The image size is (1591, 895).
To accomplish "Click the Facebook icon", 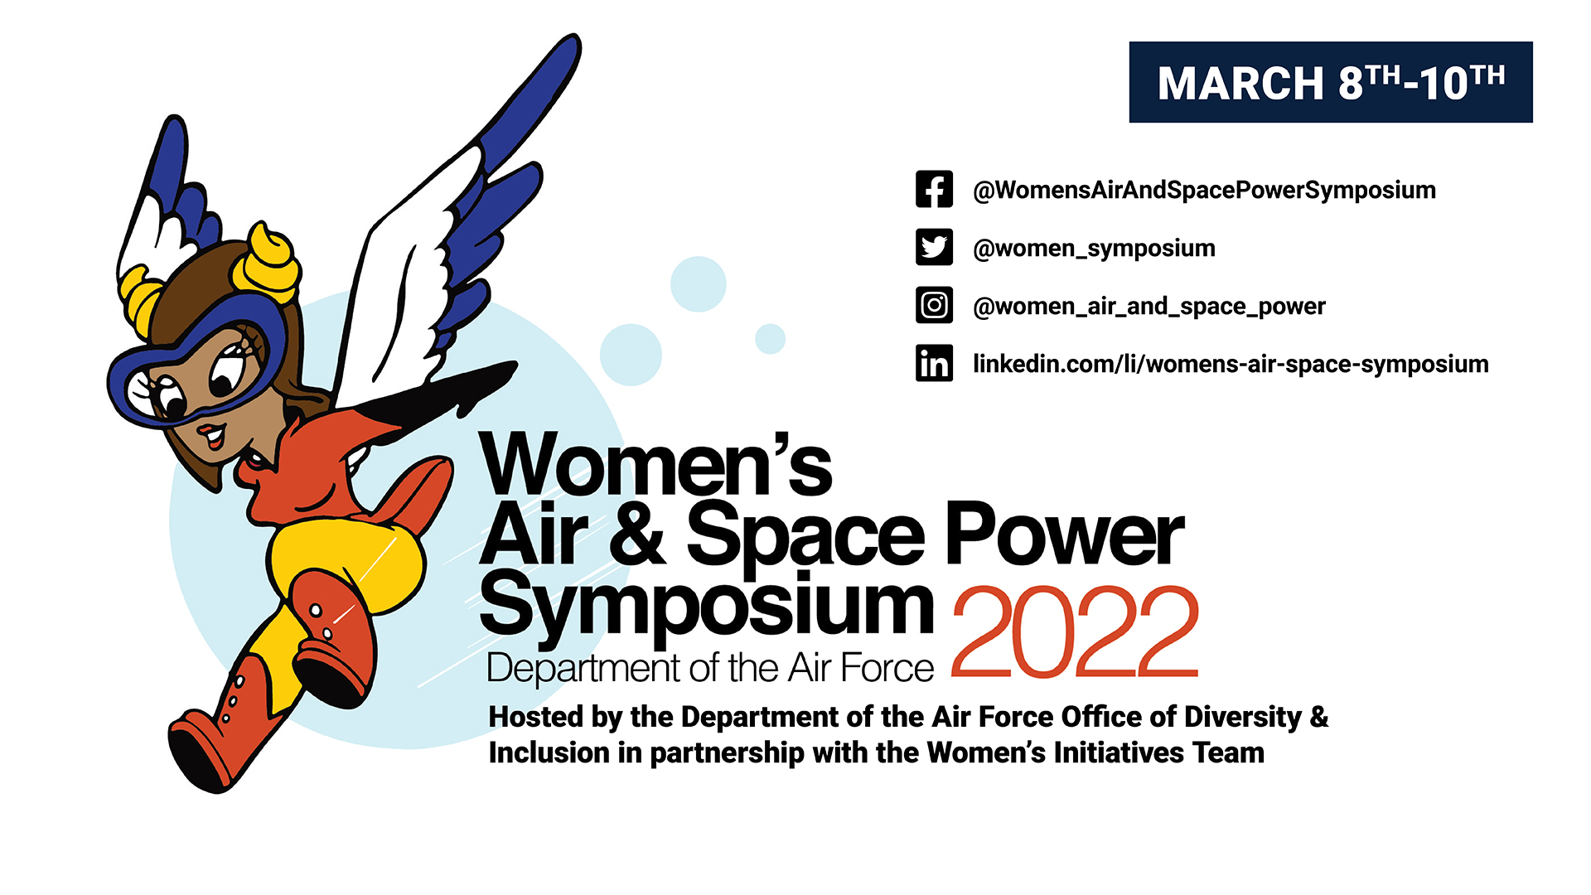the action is click(934, 189).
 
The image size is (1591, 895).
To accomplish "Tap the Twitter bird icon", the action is click(934, 247).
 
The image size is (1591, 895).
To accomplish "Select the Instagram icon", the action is click(934, 305).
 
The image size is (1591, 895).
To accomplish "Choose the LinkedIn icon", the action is click(934, 363).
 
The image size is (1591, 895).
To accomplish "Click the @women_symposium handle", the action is click(1094, 249).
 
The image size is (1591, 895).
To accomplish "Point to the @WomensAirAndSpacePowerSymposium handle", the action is click(1204, 191).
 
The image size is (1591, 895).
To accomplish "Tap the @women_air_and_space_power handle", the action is click(1149, 307).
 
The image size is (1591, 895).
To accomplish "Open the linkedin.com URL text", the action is click(1231, 365).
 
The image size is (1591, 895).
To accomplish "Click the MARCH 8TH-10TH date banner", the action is click(1331, 82).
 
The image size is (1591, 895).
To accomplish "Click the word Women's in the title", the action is click(656, 464).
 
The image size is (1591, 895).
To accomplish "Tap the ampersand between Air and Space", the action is click(636, 535).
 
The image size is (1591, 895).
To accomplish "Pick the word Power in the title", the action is click(1065, 535).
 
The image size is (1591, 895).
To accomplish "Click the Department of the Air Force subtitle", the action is click(710, 668).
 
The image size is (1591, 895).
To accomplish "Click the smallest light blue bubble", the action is click(770, 338).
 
